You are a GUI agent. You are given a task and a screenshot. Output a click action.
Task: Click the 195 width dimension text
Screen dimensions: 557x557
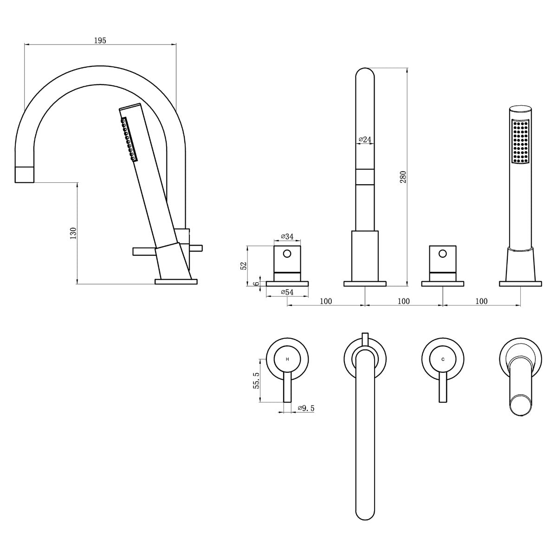point(100,40)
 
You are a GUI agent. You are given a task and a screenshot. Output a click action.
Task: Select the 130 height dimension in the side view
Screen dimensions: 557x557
point(72,233)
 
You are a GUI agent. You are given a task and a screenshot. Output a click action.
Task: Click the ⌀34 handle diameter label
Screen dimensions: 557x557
point(287,237)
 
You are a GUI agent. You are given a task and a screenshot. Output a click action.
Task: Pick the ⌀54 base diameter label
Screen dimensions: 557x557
point(287,292)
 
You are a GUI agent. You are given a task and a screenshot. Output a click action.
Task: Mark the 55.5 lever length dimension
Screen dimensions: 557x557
point(255,380)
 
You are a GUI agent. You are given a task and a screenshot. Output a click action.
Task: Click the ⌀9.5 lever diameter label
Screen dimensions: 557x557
point(306,408)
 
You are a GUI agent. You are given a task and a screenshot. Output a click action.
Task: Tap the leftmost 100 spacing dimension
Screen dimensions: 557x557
point(326,301)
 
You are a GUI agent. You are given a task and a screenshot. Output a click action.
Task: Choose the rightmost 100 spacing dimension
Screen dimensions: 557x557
point(481,301)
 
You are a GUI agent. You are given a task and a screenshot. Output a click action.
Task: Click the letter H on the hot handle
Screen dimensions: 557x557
point(287,359)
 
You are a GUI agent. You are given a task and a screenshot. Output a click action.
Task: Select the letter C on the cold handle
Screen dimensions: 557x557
point(443,359)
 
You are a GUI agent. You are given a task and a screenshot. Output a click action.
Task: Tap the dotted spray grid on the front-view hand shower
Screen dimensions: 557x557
point(520,142)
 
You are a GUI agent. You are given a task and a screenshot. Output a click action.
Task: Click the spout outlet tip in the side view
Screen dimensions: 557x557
point(25,175)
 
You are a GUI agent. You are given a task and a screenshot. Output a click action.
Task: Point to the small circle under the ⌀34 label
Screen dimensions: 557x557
point(287,254)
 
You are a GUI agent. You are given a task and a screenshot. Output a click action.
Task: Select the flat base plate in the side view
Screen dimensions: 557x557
point(176,281)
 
